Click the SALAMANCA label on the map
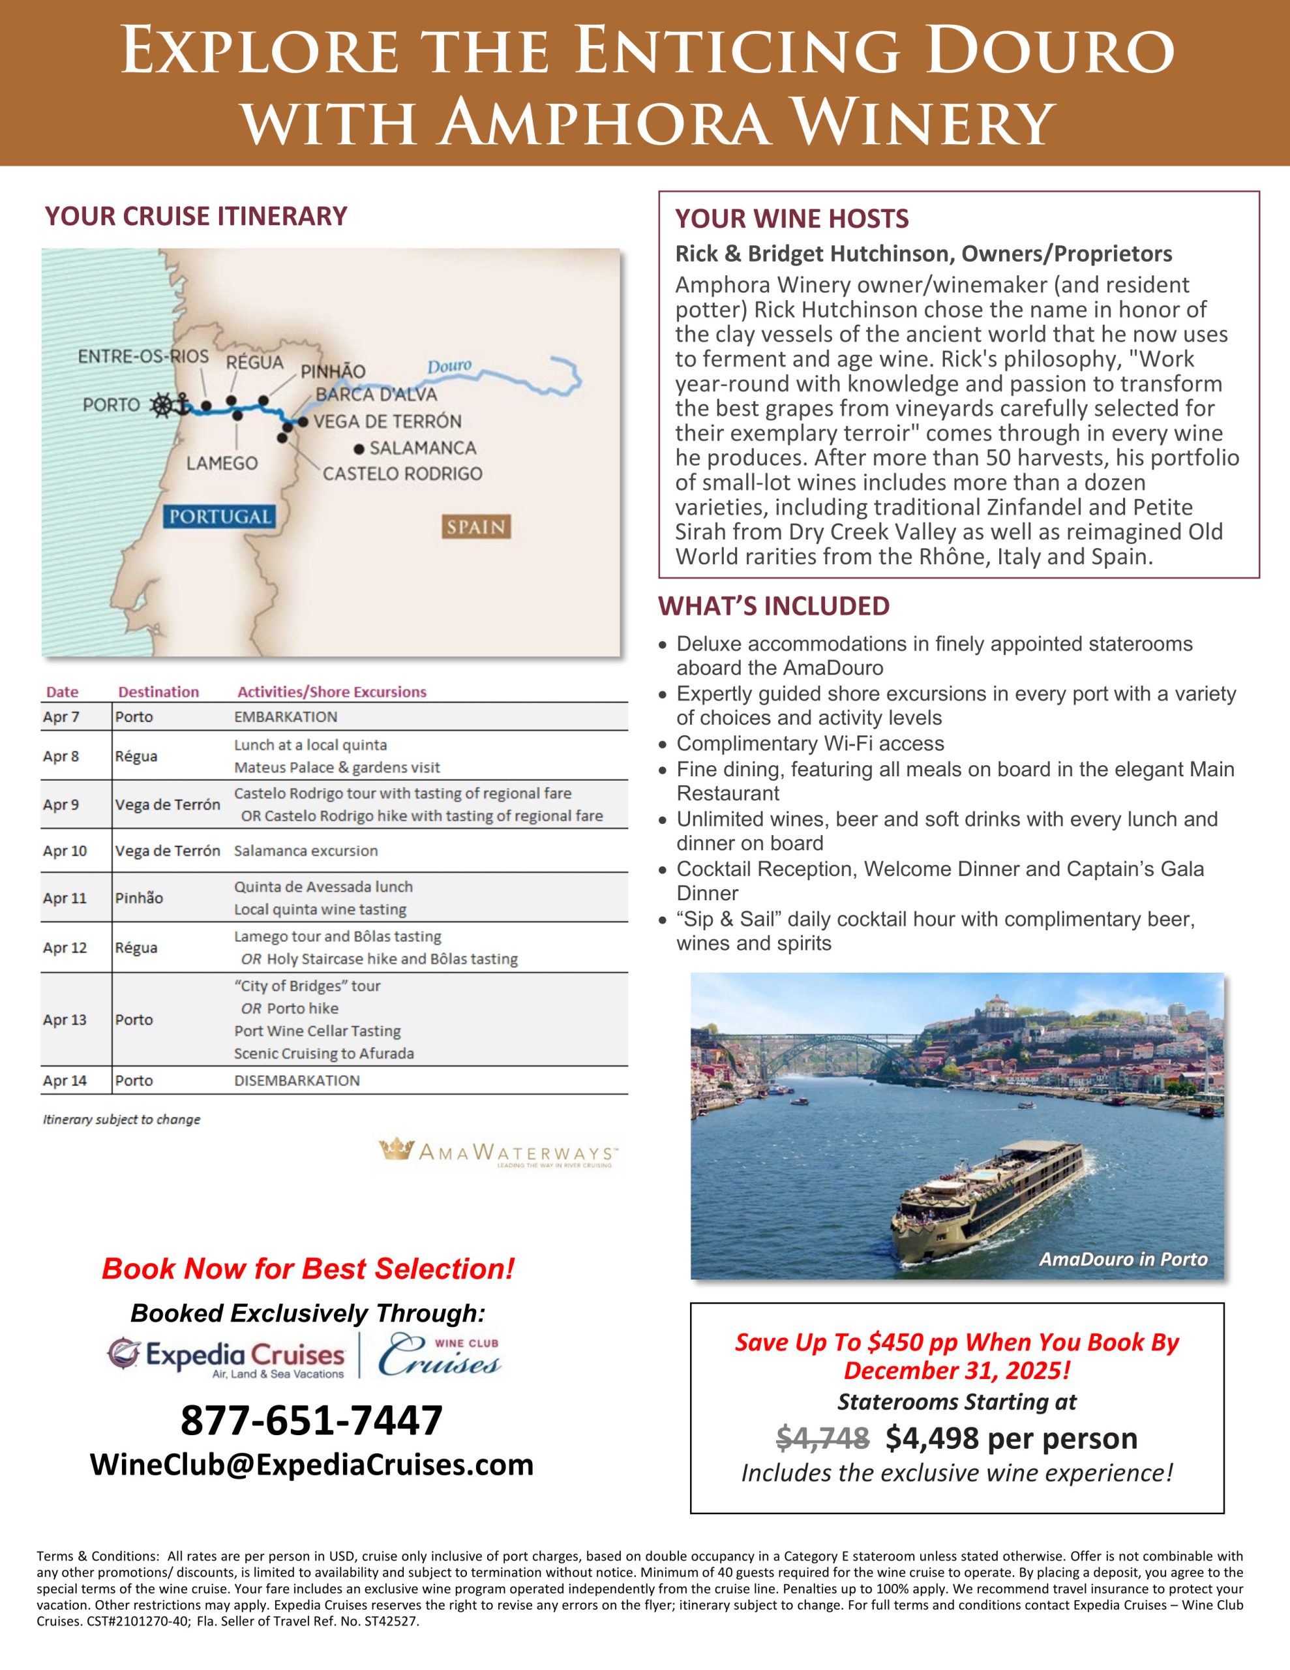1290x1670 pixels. pos(422,448)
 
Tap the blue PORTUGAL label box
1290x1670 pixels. pos(220,516)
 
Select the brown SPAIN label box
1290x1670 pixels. pos(475,527)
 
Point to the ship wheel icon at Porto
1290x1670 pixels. pos(163,405)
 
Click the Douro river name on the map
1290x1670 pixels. pos(449,367)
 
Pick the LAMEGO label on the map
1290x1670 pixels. pos(222,463)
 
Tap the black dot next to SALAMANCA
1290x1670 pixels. pos(359,449)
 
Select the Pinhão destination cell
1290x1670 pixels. pos(139,898)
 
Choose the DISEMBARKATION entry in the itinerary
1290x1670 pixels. pos(297,1080)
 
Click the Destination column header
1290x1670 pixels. pos(158,692)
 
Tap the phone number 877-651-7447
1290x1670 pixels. pos(311,1420)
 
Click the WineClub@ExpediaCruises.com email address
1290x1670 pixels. pos(312,1465)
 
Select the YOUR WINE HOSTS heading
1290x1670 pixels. pos(792,219)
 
